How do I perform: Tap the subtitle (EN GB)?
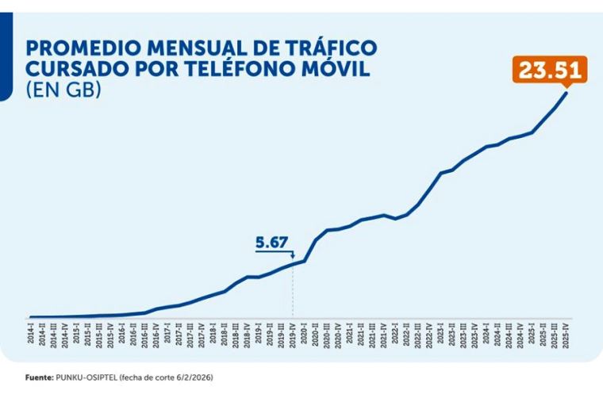pos(63,90)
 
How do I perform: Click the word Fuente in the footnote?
pos(38,377)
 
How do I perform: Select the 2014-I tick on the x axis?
pos(30,333)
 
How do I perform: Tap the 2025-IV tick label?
pos(565,333)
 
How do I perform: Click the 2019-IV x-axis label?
pos(294,333)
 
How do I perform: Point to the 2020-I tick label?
pos(305,333)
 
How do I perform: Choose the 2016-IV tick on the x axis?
pos(156,333)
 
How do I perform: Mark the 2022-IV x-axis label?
pos(429,333)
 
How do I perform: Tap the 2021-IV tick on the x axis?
pos(384,333)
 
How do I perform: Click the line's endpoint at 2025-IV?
pos(567,92)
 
